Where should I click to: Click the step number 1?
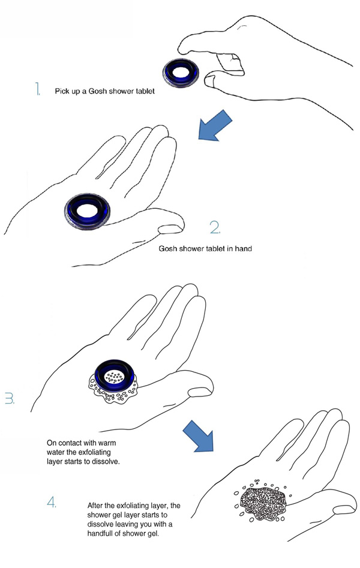(x=37, y=89)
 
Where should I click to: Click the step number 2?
(x=215, y=227)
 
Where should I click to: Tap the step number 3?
(x=10, y=398)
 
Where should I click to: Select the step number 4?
(x=52, y=502)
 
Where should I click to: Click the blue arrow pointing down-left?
(x=215, y=126)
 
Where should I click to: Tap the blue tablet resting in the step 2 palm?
(x=87, y=212)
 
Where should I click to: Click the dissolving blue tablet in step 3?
(x=114, y=377)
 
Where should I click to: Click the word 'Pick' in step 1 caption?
(x=62, y=91)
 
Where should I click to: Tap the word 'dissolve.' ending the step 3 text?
(x=107, y=461)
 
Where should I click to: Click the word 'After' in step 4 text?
(x=95, y=506)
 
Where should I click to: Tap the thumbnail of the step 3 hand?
(x=200, y=392)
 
